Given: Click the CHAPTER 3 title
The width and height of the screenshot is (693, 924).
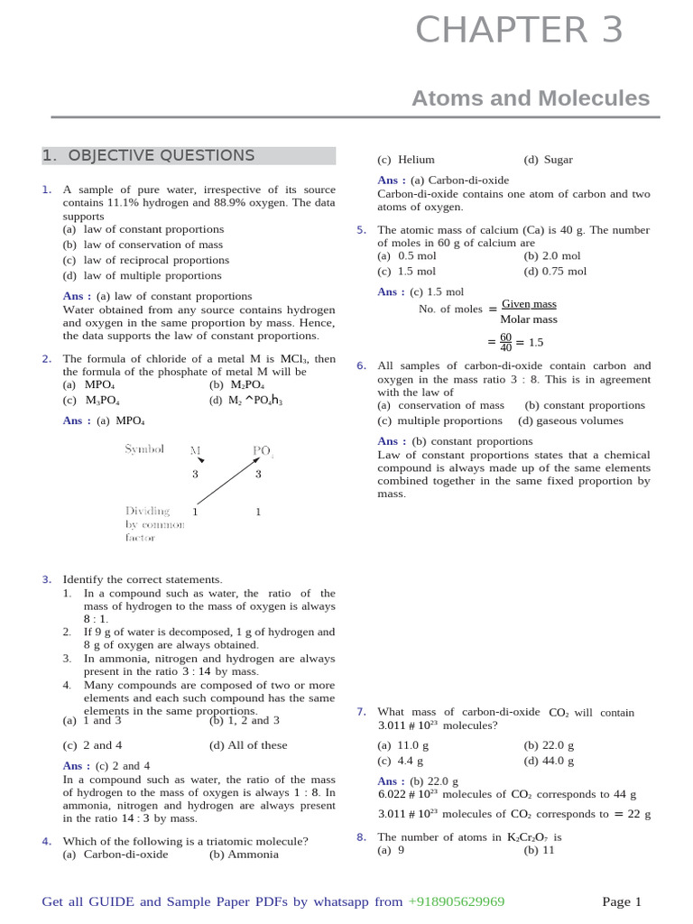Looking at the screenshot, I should pos(519,32).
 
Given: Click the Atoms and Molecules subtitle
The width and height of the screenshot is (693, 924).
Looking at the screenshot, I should pos(530,98).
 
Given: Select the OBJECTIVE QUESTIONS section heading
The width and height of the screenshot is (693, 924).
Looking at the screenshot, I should pos(149,156).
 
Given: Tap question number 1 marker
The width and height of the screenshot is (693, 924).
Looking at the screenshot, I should pos(46,190).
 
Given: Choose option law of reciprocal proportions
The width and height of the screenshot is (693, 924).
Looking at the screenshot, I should pos(145,260).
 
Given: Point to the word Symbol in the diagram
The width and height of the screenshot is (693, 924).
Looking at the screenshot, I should pos(144,449).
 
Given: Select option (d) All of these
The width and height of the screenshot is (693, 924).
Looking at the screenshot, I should pos(248,745).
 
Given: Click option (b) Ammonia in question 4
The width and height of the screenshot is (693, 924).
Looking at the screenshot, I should pos(244,855).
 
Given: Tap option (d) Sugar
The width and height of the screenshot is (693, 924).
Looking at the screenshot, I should pos(548,160).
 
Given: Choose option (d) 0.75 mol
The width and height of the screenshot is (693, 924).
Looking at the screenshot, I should pos(555,271).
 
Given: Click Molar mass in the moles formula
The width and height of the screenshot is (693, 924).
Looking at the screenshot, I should pos(529,319).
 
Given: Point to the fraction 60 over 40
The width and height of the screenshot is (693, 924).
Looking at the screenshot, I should pos(505,342).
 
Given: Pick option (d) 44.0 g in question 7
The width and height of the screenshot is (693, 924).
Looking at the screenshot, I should pos(549,761).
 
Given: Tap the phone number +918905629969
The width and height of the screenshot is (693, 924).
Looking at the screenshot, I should pos(456,901).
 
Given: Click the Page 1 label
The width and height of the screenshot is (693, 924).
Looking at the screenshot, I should pos(622,901).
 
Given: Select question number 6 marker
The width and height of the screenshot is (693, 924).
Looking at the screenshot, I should pos(361,366).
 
